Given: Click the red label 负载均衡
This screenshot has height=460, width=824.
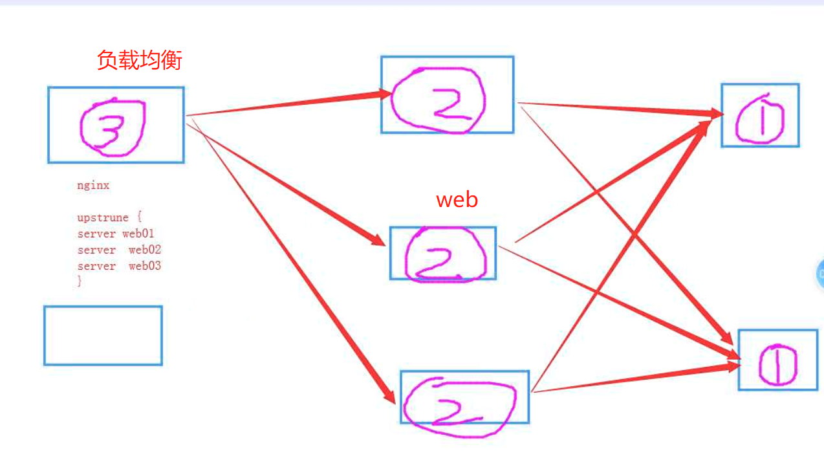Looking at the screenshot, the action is coord(140,60).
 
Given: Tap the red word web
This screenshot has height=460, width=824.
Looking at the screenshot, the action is coord(457,200).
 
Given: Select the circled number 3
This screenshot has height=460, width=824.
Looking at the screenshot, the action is coord(111,127).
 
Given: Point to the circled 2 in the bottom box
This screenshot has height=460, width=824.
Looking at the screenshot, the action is coord(459,405).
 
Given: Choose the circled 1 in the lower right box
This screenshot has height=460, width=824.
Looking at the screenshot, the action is coord(777,364).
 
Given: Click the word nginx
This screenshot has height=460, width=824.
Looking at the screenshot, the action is coord(93,186).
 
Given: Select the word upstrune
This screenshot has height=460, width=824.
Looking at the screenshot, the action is coord(103,217).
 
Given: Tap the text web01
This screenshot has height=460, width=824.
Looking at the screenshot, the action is coord(138,234).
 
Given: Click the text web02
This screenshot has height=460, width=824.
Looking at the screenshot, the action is coord(145,250).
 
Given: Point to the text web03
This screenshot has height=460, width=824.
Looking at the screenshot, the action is coord(145,266).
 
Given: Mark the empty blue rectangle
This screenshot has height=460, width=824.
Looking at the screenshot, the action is coord(103,335).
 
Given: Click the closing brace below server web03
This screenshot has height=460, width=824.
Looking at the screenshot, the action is coord(80,281).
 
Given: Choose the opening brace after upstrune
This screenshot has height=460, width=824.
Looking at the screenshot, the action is coord(138,217).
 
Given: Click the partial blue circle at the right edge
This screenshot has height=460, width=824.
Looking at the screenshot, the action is coord(819,273).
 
